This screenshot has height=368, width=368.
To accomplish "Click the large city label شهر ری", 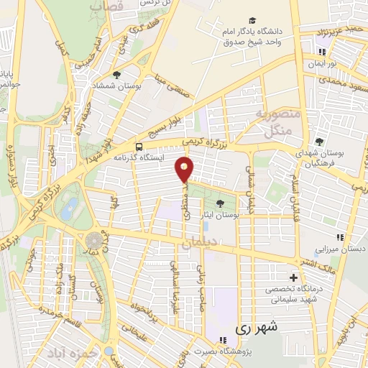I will [253, 328].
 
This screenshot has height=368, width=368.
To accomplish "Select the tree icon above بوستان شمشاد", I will [117, 74].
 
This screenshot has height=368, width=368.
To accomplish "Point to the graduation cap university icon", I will [252, 20].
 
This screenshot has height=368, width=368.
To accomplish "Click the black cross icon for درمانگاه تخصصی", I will [293, 277].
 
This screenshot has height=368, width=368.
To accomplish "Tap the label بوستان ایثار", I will [219, 215].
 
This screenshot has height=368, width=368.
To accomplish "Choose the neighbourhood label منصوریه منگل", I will [273, 122].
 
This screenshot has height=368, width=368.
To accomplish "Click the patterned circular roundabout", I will [93, 241].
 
